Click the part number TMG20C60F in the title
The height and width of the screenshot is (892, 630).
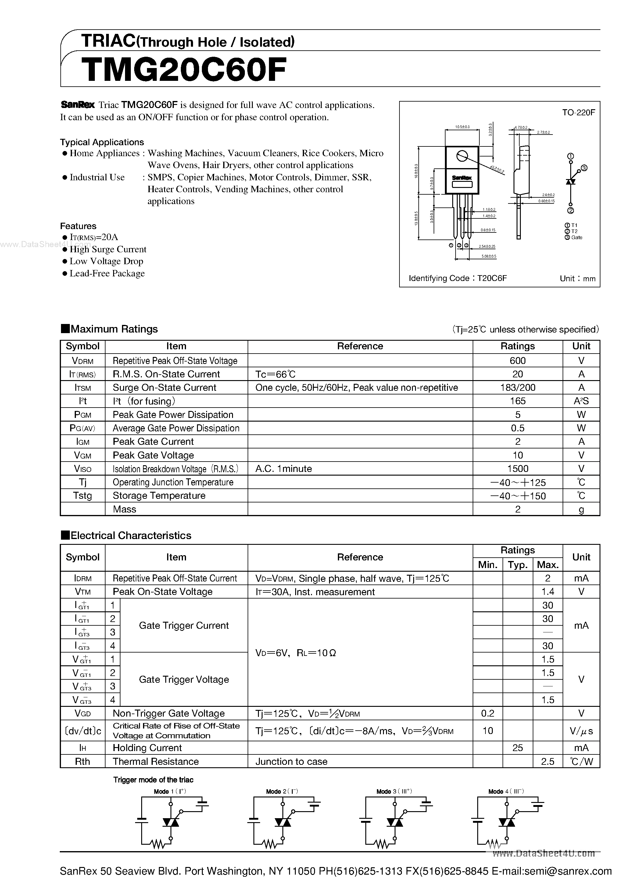point(184,70)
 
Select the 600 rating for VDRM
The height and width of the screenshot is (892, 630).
point(517,361)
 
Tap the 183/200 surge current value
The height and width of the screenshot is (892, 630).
point(517,387)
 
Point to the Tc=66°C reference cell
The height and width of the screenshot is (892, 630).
point(275,374)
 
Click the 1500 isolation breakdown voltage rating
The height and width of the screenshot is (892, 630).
point(517,469)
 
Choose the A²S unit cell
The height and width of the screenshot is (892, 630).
point(581,401)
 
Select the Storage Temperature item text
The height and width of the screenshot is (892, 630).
point(159,496)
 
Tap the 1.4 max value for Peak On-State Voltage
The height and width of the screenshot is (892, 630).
point(547,592)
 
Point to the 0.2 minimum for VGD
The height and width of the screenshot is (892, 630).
point(488,713)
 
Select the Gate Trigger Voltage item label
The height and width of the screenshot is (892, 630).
point(184,679)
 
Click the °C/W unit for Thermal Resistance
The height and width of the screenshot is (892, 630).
point(581,761)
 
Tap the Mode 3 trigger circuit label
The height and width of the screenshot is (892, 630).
point(394,791)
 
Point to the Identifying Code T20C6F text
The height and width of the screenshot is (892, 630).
point(457,278)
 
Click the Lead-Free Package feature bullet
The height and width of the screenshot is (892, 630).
point(107,274)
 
